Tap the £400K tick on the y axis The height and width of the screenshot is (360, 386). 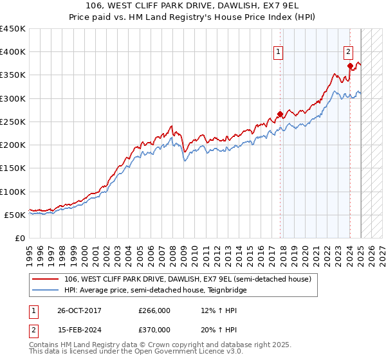coord(13,52)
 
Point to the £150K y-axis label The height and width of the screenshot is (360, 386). coord(13,168)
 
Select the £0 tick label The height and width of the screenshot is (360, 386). coord(19,239)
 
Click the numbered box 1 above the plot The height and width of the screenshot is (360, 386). coord(279,53)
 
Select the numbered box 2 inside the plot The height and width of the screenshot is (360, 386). coord(348,53)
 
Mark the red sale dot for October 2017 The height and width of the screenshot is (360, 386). coord(280,114)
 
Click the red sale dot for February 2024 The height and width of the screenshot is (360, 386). coord(350,66)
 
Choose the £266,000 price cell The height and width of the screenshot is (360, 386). coord(154,310)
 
